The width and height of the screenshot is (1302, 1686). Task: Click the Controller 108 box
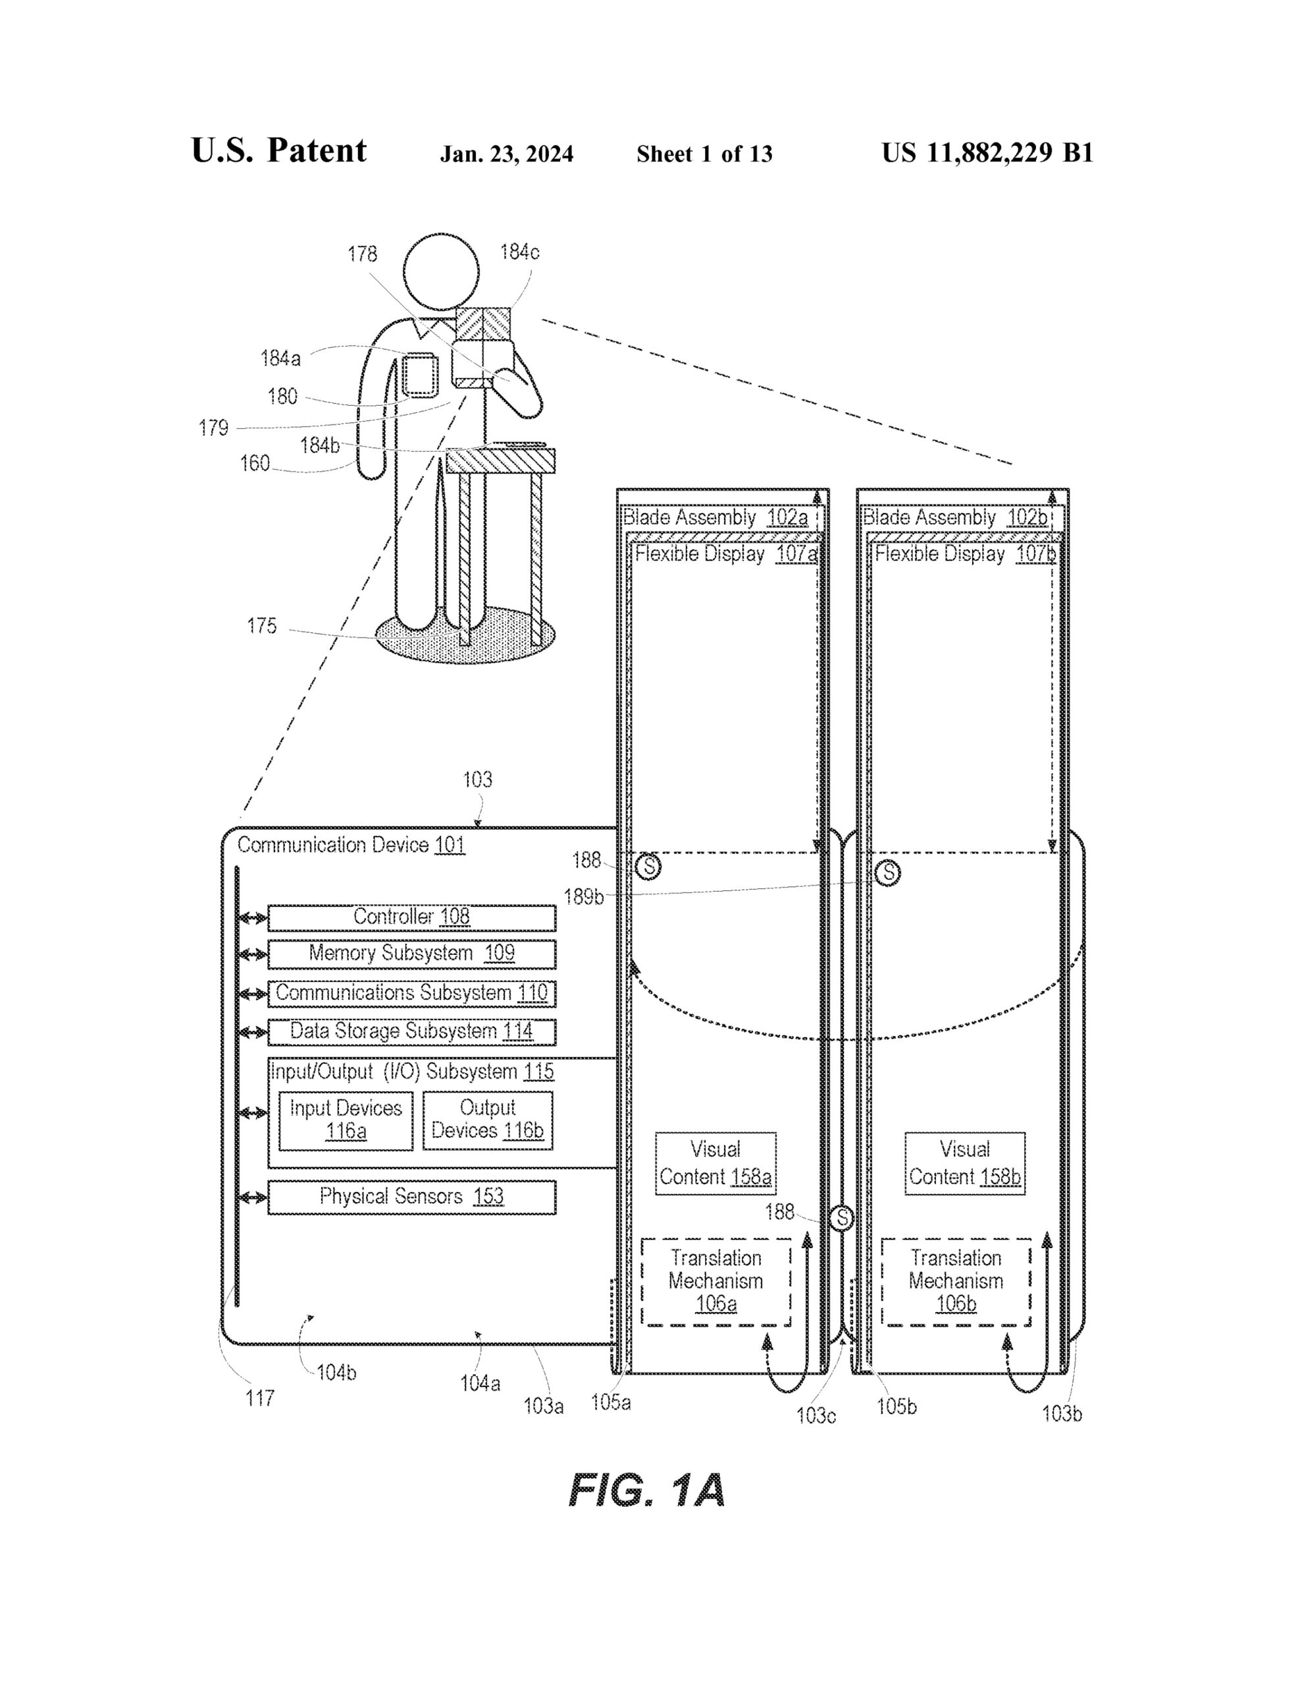pyautogui.click(x=411, y=918)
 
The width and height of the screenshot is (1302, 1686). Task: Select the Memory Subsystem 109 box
pyautogui.click(x=411, y=954)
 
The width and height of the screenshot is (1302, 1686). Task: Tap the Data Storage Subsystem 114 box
pyautogui.click(x=411, y=1032)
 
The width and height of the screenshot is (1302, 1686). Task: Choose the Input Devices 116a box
pyautogui.click(x=346, y=1120)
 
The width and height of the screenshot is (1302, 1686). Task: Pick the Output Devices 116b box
pyautogui.click(x=488, y=1120)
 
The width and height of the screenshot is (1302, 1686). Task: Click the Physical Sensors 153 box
pyautogui.click(x=411, y=1197)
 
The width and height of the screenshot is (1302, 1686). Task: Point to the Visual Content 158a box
pyautogui.click(x=716, y=1163)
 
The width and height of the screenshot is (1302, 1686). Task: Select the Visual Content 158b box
pyautogui.click(x=965, y=1163)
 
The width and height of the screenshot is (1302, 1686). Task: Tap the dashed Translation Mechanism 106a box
pyautogui.click(x=716, y=1282)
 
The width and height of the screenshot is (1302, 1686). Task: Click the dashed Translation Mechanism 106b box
pyautogui.click(x=956, y=1282)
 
